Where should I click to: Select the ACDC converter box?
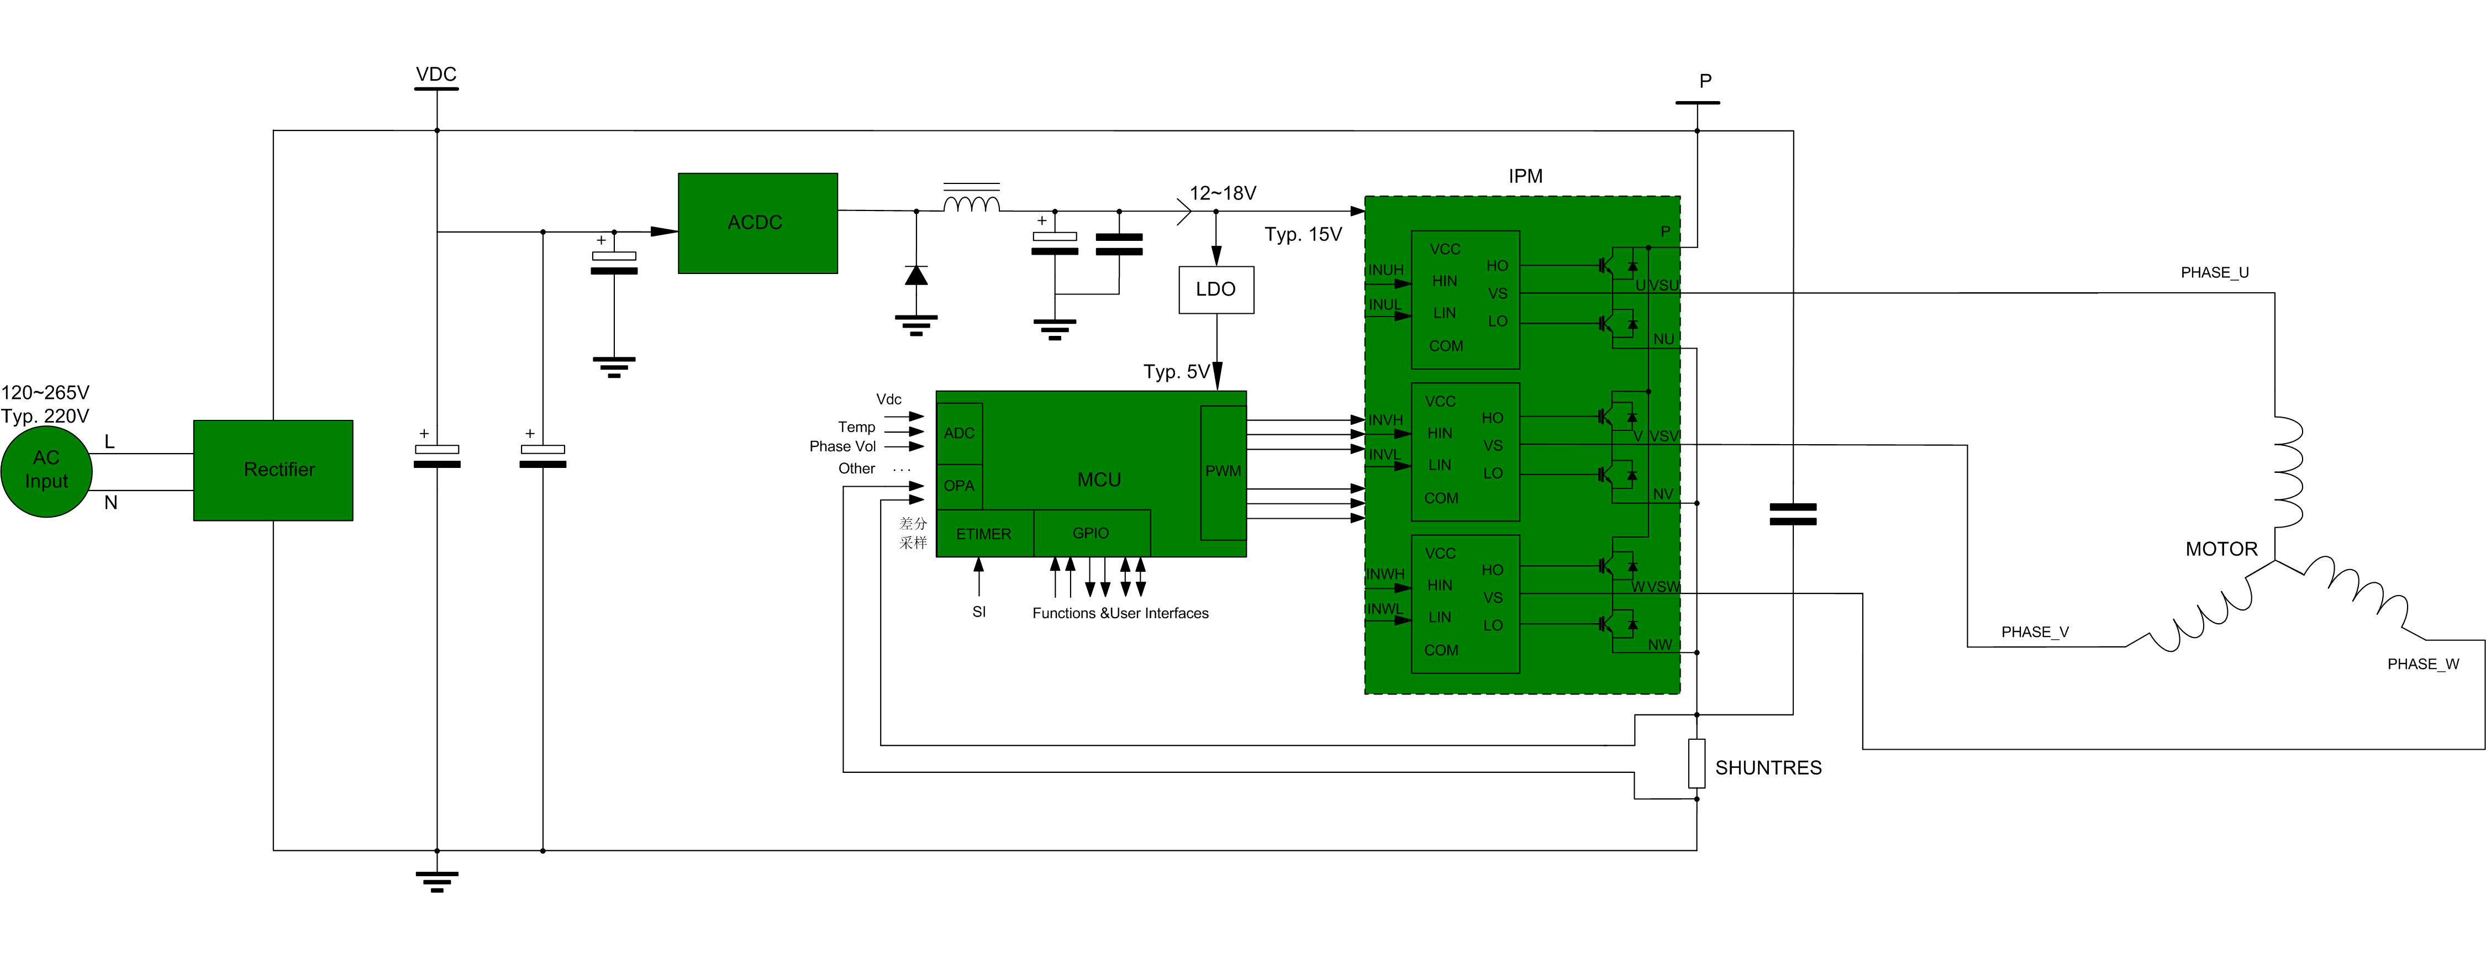coord(757,223)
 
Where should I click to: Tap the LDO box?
coord(1216,289)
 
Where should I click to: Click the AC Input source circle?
coord(46,470)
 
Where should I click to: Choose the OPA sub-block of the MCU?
coord(959,486)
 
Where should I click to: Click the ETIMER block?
coord(983,534)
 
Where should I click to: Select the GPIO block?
coord(1091,533)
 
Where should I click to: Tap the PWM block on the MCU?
coord(1223,471)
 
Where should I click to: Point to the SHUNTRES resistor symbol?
coord(1697,764)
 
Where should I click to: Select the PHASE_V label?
coord(2034,633)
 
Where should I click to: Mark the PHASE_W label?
coord(2422,664)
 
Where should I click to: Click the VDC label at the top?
coord(436,75)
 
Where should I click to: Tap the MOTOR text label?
coord(2221,549)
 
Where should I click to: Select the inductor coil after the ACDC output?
coord(971,204)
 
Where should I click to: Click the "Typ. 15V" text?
coord(1303,235)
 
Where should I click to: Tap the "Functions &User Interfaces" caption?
coord(1119,613)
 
